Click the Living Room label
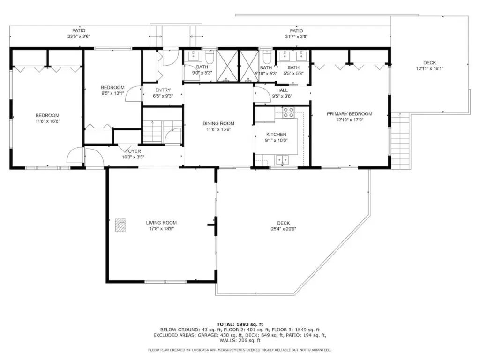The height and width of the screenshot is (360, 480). pos(161,223)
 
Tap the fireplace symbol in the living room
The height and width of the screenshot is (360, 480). pos(120,225)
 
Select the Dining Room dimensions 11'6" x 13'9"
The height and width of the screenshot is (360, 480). pos(218,129)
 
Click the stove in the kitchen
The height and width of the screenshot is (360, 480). pos(288,112)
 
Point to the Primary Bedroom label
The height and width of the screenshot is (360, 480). pos(349,114)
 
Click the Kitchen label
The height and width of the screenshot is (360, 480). pos(276,135)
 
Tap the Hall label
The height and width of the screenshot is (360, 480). pos(282,90)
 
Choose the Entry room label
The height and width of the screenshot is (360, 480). pos(163,90)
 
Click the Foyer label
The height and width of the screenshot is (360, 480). pos(133,151)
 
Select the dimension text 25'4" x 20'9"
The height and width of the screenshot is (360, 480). pos(284,229)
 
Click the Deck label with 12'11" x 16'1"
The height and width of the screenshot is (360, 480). pos(429,63)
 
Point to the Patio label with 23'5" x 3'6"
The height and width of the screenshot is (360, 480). pos(79,30)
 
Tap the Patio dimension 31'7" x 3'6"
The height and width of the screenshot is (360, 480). pos(296,37)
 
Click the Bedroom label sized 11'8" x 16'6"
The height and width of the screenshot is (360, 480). pos(47,115)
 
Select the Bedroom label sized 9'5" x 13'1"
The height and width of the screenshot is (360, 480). pos(112,88)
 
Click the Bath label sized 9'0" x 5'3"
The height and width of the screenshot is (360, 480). pos(202,67)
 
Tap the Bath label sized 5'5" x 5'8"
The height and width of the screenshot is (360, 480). pos(293,67)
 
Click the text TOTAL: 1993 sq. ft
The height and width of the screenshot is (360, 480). pos(240,324)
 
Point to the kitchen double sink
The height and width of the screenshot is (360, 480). pos(282,159)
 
